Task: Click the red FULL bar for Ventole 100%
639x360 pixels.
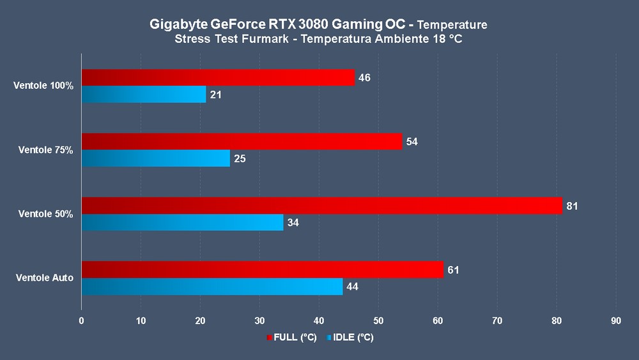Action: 218,77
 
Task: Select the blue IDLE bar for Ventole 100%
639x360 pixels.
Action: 144,95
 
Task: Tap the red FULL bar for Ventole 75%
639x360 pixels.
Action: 242,141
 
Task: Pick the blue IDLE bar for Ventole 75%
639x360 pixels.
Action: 155,159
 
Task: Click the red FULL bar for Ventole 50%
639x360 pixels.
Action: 321,205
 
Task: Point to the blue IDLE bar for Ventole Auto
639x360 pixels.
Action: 212,286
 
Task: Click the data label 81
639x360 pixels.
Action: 572,206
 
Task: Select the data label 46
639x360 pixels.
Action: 364,78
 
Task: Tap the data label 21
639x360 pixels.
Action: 215,95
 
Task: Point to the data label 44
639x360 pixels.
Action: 352,287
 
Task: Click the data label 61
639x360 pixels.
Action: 453,270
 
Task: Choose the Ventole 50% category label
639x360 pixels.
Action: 45,214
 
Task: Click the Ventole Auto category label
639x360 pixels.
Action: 45,278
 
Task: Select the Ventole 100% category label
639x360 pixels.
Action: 43,86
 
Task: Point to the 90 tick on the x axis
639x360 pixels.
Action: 615,320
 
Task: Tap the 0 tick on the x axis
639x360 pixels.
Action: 82,320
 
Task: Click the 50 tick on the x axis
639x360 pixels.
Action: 378,320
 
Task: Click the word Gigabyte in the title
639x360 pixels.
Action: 180,25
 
